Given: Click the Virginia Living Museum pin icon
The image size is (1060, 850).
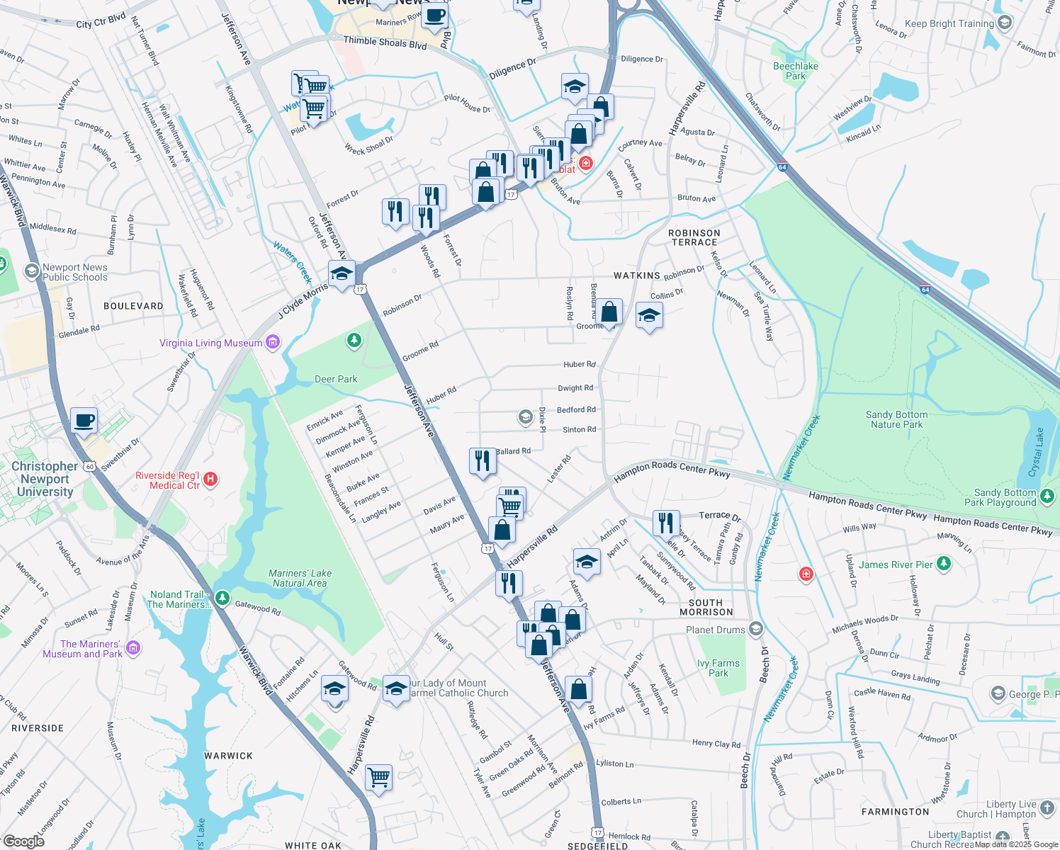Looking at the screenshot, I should [273, 343].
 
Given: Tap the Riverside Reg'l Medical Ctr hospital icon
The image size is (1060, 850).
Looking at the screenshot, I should [210, 480].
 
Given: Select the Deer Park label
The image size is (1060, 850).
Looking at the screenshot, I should [336, 379].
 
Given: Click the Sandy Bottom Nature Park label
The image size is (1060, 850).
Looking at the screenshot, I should [896, 419].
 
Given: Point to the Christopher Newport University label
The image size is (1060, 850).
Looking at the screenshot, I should [45, 479].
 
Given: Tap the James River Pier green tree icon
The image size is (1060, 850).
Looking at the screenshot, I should [943, 564].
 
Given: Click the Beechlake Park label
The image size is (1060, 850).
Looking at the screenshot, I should [796, 71].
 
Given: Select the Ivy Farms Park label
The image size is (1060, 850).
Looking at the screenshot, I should [718, 668].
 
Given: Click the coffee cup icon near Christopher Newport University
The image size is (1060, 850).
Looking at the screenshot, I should [84, 420].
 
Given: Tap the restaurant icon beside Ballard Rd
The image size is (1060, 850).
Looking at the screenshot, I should [483, 460].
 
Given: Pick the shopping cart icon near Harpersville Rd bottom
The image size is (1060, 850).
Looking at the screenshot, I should [378, 776].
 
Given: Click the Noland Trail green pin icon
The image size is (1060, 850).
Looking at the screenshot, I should [222, 599].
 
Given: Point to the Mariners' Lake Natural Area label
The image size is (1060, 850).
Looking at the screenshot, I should [300, 578].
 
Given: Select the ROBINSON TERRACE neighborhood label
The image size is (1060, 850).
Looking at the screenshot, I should [694, 237].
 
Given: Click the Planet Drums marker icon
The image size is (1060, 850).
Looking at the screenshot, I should [756, 629].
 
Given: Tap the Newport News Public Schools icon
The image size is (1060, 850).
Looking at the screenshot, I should [31, 271].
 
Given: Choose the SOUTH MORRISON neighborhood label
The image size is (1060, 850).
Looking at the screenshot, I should [706, 607].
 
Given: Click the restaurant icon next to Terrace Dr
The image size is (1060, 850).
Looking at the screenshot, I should [665, 523].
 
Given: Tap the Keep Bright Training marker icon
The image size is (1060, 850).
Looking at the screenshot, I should [1004, 23].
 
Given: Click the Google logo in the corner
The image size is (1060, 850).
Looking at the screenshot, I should [23, 841].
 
